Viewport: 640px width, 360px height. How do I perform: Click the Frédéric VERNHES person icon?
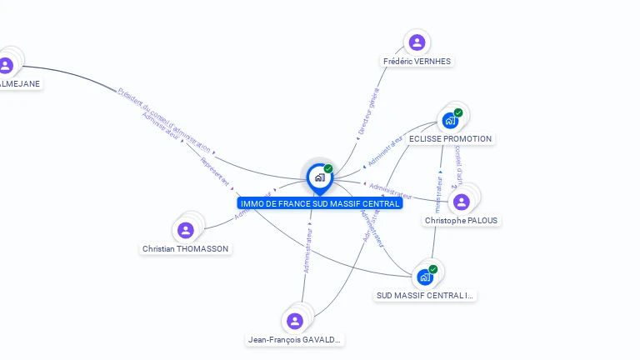coord(417,42)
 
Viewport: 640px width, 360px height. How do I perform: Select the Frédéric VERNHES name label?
coord(417,62)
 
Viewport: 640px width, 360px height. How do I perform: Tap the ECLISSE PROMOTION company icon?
coord(450,120)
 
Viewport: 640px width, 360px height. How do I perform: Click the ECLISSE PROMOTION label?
coord(450,139)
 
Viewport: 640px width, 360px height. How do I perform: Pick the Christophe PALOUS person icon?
coord(462,202)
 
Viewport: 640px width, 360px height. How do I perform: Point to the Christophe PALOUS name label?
coord(462,221)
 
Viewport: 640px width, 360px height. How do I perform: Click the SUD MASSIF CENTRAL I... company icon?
coord(425,277)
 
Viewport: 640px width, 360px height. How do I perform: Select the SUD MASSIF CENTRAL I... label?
coord(425,295)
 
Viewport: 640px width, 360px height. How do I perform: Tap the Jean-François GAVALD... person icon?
coord(294,321)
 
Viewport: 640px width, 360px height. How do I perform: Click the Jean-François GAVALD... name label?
coord(295,340)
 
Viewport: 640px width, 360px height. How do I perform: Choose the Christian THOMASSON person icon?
coord(186,230)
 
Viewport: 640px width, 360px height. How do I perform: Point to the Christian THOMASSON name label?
coord(185,249)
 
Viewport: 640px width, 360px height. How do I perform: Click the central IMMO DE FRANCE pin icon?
coord(319,177)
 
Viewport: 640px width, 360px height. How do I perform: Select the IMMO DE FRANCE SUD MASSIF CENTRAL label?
coord(319,203)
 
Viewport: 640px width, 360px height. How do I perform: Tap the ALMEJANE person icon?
coord(6,65)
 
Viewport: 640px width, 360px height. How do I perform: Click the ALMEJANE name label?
coord(19,83)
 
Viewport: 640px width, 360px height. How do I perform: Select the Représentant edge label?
coord(214,171)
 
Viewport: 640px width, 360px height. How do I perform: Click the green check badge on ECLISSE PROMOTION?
coord(458,112)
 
